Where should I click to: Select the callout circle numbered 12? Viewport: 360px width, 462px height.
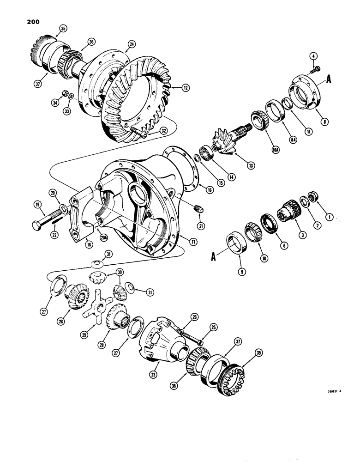click(x=172, y=86)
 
